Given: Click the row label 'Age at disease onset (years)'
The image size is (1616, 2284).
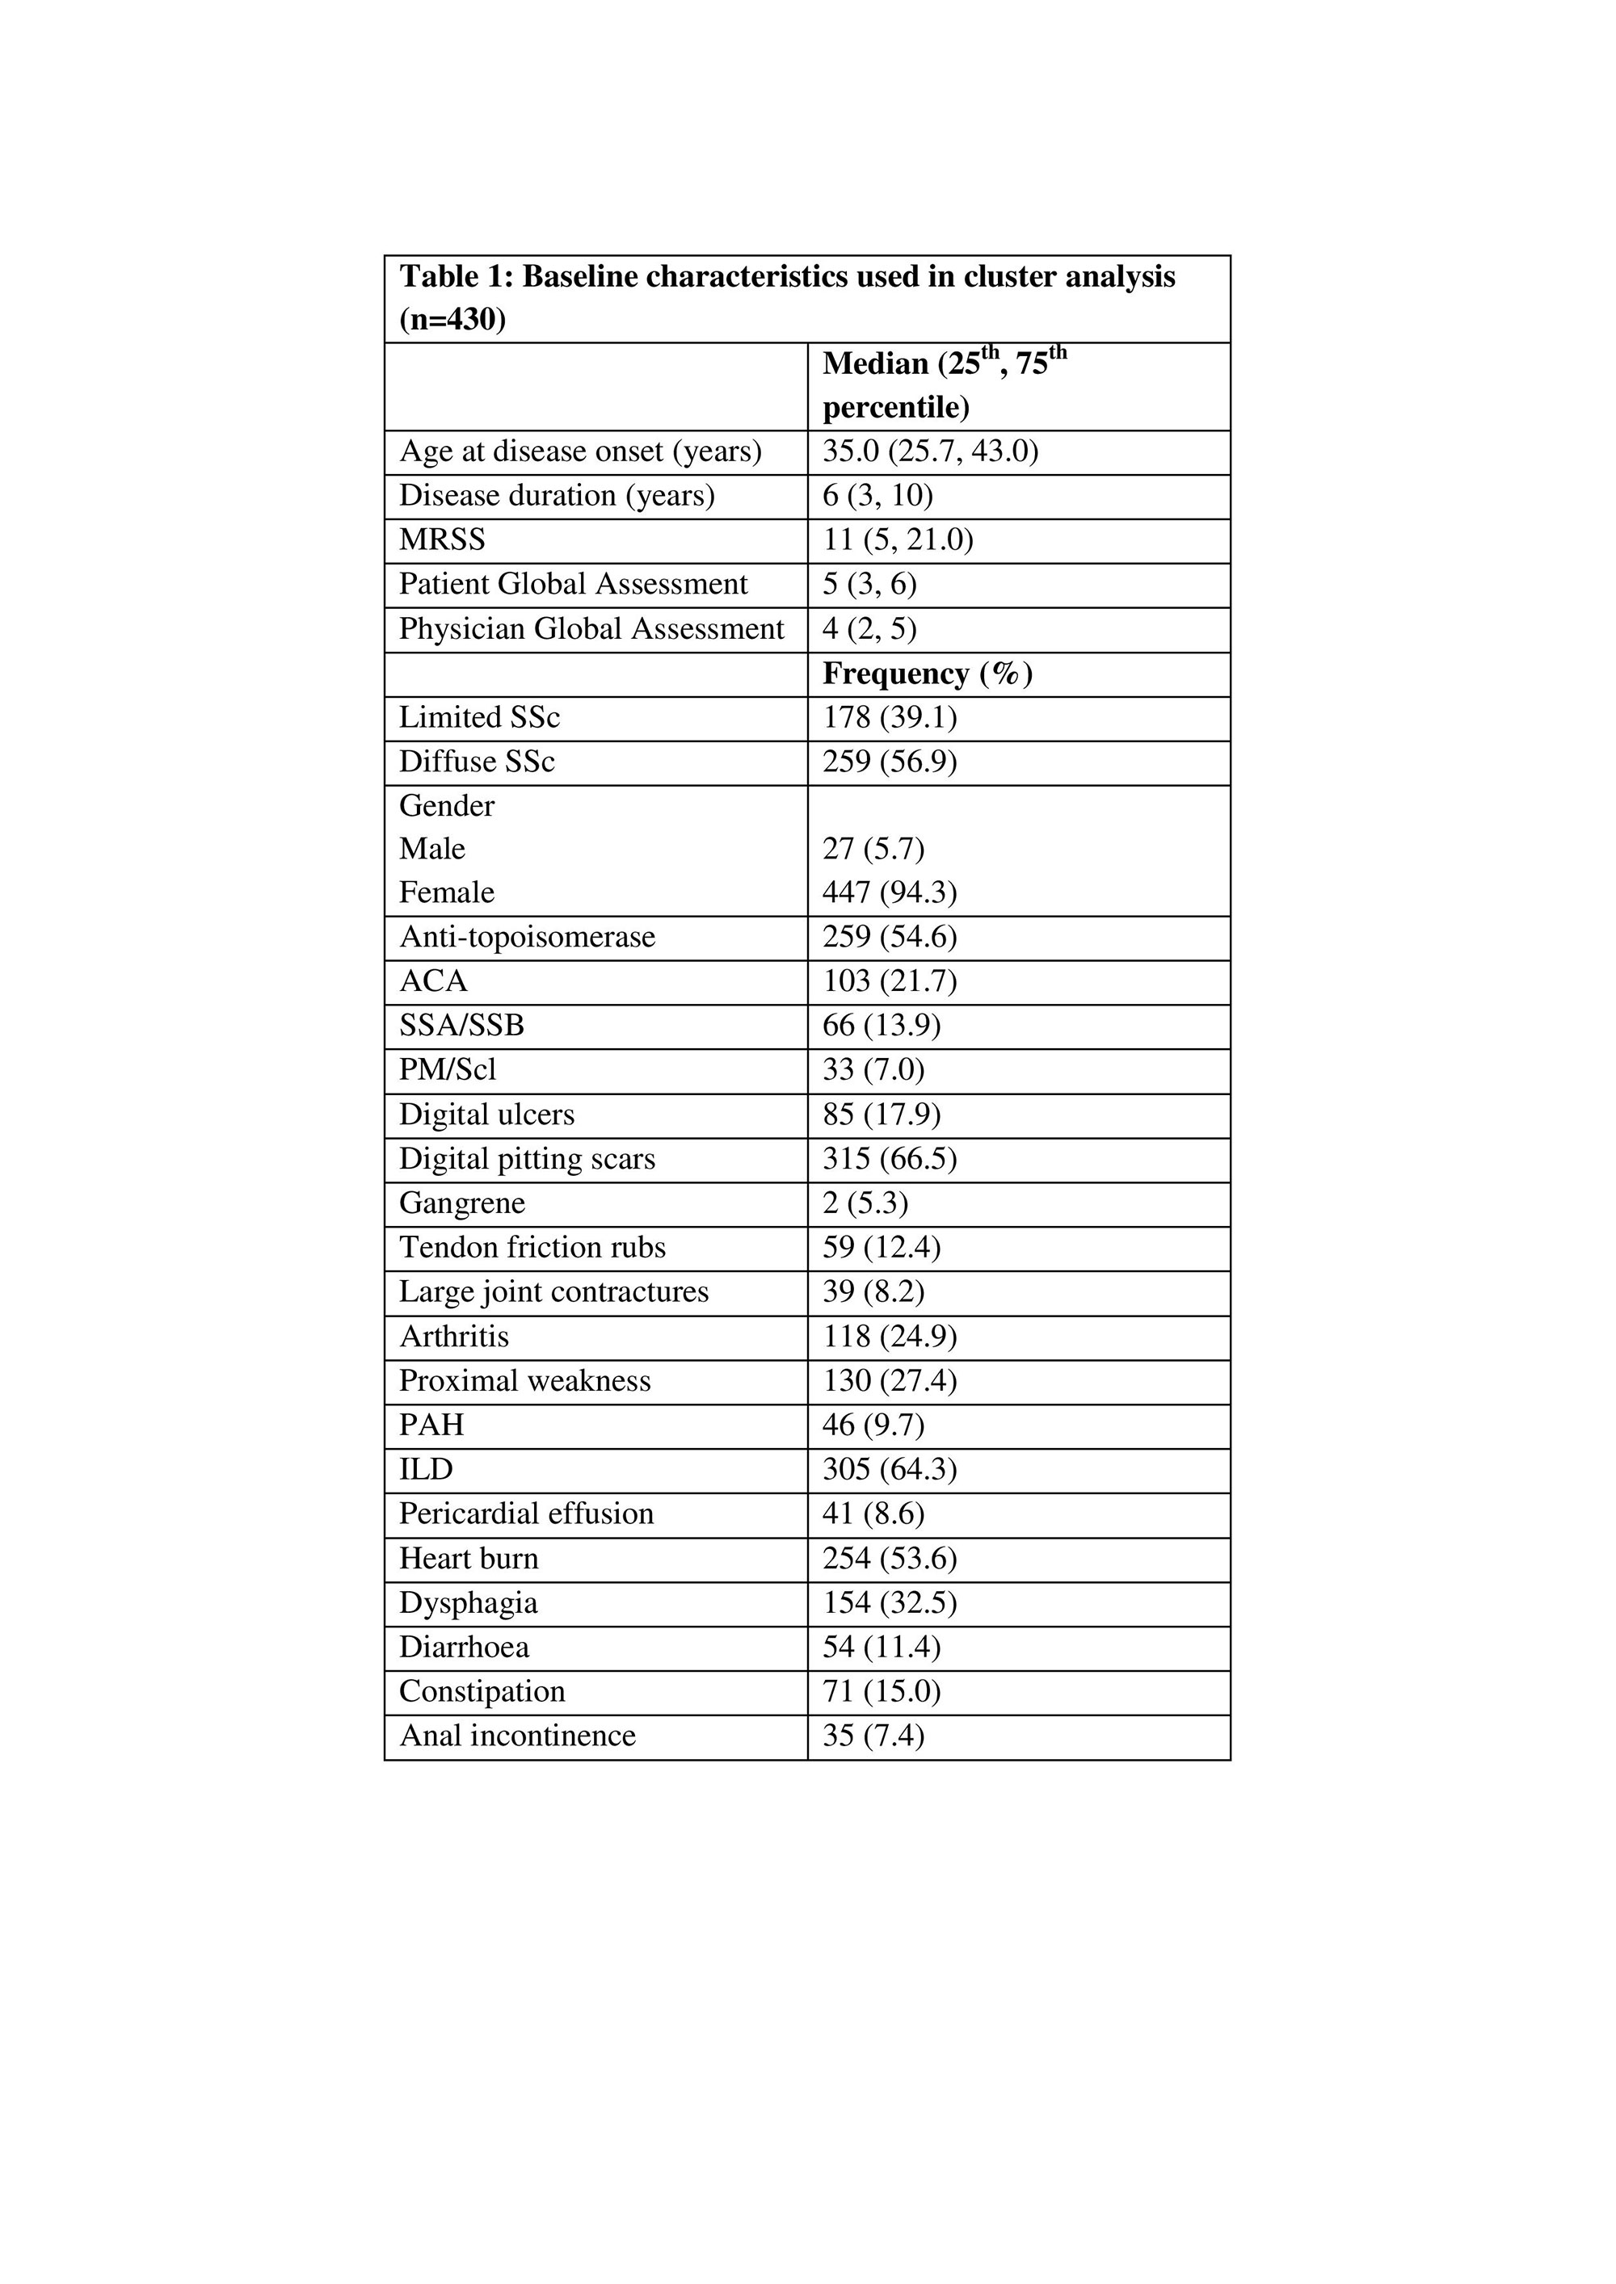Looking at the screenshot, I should pos(580,451).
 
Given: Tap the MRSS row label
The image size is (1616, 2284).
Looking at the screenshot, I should pos(442,540).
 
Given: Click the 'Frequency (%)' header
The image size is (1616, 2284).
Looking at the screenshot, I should pos(928,674).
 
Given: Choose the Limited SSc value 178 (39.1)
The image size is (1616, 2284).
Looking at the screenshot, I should pos(889,718).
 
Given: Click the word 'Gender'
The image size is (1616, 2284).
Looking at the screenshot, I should pos(447,806).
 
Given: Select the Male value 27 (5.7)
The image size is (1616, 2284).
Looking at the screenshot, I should pos(873,850).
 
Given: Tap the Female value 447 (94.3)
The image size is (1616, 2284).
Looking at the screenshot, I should pos(889,893).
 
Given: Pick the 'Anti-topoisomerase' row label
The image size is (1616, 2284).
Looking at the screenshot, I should pos(528,937).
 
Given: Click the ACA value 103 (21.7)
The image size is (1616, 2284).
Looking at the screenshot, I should pos(889,982).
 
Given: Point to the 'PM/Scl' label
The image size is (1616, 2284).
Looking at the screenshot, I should pos(448,1070).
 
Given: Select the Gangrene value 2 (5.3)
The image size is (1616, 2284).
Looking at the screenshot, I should pos(865,1203).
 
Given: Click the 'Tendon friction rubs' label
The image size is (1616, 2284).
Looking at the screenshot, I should pos(532,1248).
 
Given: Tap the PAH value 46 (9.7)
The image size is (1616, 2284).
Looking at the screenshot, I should pos(873,1425).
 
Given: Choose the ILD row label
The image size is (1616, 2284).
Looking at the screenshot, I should pos(426,1469).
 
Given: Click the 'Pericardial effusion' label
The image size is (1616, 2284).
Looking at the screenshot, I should pos(526,1514).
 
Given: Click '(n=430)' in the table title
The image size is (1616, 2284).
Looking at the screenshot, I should pos(452,321).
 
